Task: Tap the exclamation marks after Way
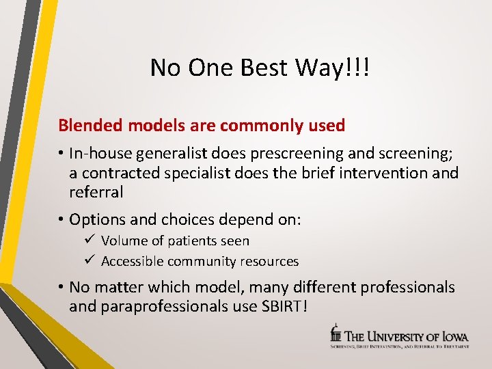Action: click(x=357, y=68)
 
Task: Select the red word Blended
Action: click(x=85, y=126)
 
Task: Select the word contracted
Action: click(x=122, y=174)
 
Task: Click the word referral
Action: click(x=96, y=193)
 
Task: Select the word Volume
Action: click(x=123, y=241)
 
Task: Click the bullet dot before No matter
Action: click(x=61, y=288)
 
